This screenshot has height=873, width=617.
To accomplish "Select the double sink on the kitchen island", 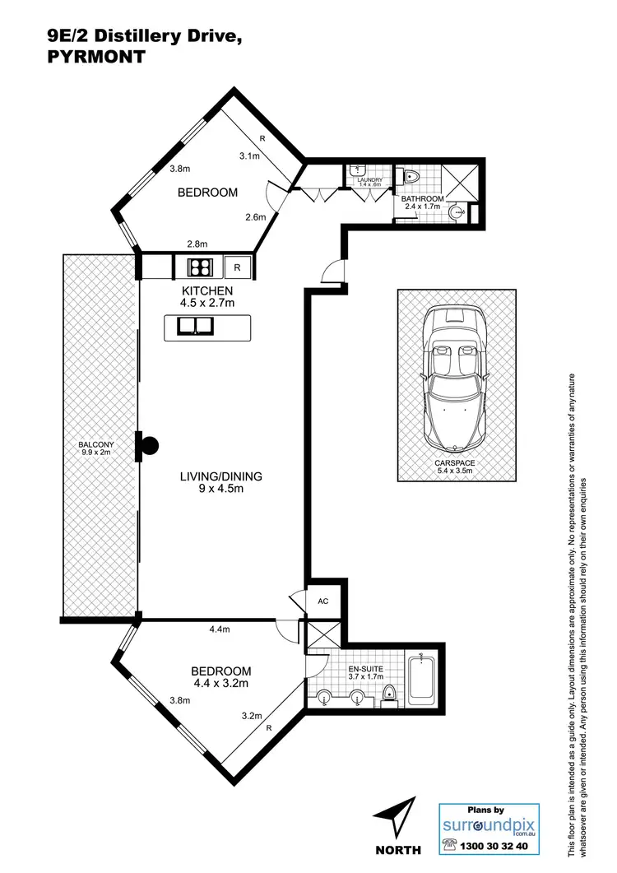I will click(194, 327).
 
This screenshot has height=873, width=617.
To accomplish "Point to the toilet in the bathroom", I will click(411, 177).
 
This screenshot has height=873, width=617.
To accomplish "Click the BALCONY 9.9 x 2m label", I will click(95, 448).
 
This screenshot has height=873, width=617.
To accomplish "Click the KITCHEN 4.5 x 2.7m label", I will click(207, 297).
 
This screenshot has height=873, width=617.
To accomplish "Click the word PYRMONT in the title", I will click(96, 58).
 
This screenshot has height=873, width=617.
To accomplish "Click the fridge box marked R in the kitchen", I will click(237, 267).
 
